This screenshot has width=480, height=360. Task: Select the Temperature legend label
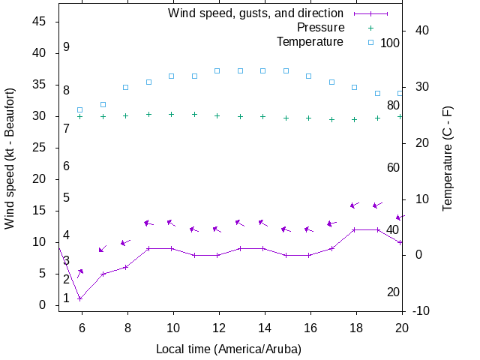tap(310, 42)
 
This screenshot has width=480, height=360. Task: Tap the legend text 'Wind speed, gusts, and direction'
tap(256, 13)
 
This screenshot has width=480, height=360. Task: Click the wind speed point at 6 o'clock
tap(80, 298)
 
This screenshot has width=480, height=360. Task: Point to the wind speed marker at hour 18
tap(355, 229)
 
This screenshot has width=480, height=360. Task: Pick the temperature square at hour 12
tap(217, 70)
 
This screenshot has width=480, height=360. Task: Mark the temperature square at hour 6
tap(80, 109)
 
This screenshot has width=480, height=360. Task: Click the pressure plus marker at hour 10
tap(172, 114)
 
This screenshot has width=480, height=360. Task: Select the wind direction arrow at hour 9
tap(148, 223)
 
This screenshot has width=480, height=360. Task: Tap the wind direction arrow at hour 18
tap(355, 205)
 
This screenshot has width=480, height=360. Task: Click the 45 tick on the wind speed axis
tap(40, 22)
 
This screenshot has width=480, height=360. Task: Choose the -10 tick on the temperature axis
tap(421, 310)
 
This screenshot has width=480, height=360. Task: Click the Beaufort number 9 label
tap(67, 47)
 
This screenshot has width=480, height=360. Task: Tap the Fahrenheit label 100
tap(390, 43)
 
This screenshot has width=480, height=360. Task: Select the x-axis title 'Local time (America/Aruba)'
tap(228, 349)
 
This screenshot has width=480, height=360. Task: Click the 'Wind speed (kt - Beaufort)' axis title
tap(10, 166)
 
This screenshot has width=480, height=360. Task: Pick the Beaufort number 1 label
tap(67, 298)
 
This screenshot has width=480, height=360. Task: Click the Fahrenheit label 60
tap(393, 167)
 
